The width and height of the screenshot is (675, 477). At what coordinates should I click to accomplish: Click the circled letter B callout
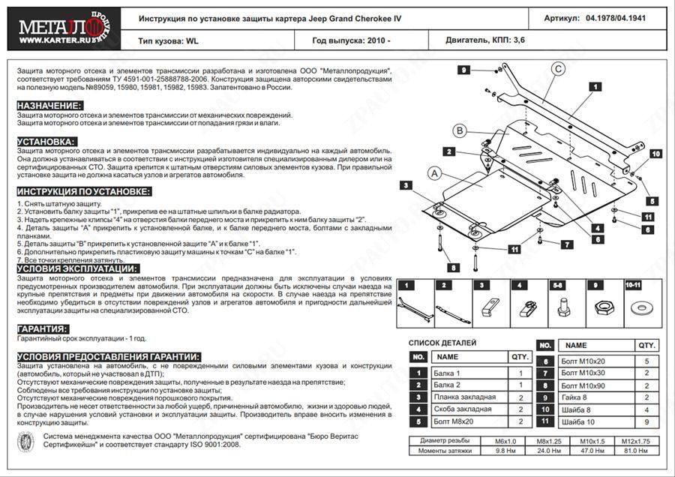(x=459, y=131)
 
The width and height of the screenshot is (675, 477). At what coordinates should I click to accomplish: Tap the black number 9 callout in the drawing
(x=465, y=70)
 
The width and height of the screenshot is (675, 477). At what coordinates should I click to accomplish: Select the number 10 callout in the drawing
(x=655, y=154)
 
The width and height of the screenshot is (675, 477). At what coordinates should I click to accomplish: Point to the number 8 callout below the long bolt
(x=453, y=267)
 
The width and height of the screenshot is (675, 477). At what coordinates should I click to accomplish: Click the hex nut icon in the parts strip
(x=601, y=308)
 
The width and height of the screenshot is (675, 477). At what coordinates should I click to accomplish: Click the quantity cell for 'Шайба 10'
(x=646, y=421)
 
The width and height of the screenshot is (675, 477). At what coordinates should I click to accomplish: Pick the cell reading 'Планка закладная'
(x=464, y=397)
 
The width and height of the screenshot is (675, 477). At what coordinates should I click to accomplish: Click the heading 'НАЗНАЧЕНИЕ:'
(x=49, y=106)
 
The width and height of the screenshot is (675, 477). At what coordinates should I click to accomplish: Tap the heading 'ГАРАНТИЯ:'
(x=42, y=329)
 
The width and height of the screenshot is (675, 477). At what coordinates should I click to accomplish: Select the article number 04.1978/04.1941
(x=614, y=16)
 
